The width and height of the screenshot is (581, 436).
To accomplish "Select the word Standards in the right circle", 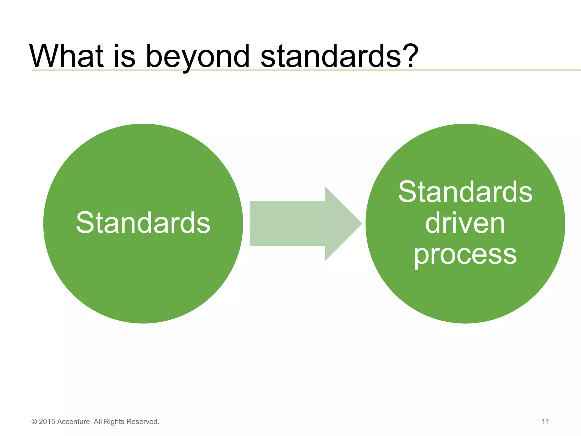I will pyautogui.click(x=465, y=192).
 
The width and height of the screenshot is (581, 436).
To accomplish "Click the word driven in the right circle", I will pyautogui.click(x=465, y=223).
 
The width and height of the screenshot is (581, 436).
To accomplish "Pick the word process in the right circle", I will pyautogui.click(x=465, y=255).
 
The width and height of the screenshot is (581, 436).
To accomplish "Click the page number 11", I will pyautogui.click(x=545, y=422).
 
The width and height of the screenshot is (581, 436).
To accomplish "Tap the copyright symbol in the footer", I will pyautogui.click(x=34, y=422).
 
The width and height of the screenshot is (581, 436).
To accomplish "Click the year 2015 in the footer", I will pyautogui.click(x=47, y=422).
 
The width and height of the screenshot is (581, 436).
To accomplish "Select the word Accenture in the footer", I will pyautogui.click(x=73, y=422).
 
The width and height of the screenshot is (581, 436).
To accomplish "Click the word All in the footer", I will pyautogui.click(x=98, y=422).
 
